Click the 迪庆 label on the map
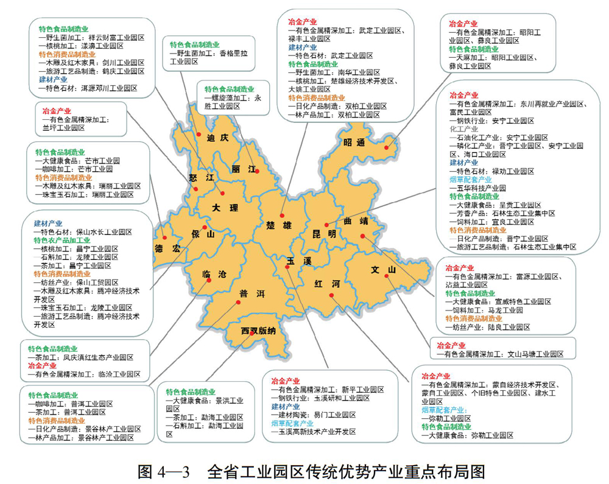[216, 138]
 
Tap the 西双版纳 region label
[258, 332]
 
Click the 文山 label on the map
[384, 270]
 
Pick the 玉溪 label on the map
[299, 260]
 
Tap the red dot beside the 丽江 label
[257, 172]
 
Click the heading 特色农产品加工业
[62, 240]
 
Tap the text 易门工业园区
[331, 415]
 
